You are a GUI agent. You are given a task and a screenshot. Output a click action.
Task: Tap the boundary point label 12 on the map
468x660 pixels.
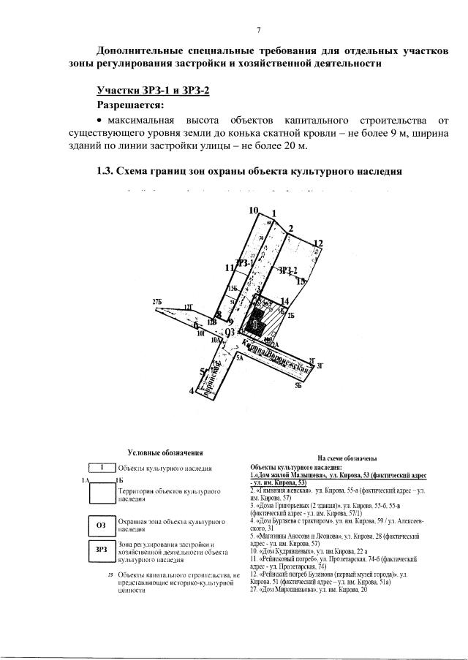pyautogui.click(x=318, y=243)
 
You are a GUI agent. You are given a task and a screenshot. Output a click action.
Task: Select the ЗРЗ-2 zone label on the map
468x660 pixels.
pyautogui.click(x=288, y=270)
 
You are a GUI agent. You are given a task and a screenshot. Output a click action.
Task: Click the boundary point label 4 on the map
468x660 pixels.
pyautogui.click(x=192, y=391)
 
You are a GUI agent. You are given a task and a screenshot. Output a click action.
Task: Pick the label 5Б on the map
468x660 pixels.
pyautogui.click(x=298, y=384)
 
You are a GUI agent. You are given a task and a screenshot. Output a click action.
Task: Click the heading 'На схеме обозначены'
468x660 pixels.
pyautogui.click(x=347, y=458)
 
